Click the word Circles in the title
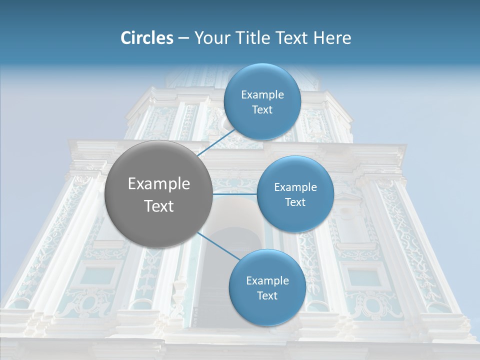click(147, 38)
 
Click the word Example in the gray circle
click(159, 184)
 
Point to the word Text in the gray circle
click(159, 206)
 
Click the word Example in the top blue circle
click(262, 95)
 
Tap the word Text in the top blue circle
click(262, 110)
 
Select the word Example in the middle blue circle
click(295, 187)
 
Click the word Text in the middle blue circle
click(295, 202)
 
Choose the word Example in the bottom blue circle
click(267, 281)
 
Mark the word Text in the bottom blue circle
click(267, 296)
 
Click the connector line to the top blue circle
click(216, 142)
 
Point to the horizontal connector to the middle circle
click(235, 194)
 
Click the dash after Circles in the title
click(183, 38)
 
